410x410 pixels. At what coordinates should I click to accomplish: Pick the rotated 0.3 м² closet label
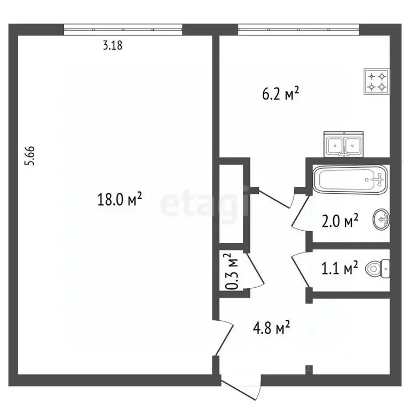[232, 272]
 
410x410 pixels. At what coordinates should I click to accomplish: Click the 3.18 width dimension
[113, 46]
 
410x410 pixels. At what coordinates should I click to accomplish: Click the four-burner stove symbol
[376, 81]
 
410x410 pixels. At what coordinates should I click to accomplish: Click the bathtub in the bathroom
[350, 180]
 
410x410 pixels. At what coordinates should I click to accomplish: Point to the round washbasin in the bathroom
[382, 219]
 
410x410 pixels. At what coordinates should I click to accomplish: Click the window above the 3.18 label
[123, 29]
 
